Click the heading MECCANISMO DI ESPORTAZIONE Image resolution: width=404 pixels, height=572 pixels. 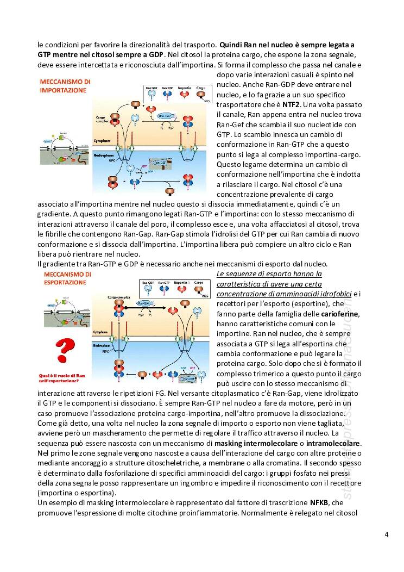[x=64, y=278]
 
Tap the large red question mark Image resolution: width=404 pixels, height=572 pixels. [x=66, y=351]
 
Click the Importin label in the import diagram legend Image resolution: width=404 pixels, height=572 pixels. [x=185, y=87]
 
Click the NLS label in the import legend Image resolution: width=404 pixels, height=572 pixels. [x=207, y=101]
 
